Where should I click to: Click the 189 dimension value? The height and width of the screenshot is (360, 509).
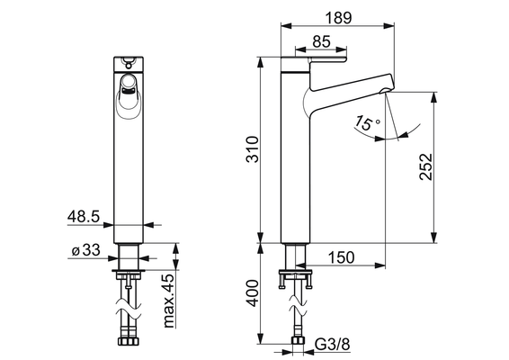[x=338, y=17]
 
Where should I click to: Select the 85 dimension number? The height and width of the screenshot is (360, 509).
[x=321, y=41]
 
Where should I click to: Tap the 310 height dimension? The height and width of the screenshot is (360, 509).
[x=253, y=149]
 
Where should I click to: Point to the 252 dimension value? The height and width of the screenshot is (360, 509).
[x=426, y=166]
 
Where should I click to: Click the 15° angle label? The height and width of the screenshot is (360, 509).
[x=367, y=122]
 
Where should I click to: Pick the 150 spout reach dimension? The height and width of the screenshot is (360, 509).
[x=342, y=257]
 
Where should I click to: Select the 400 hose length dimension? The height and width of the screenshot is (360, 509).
[x=253, y=293]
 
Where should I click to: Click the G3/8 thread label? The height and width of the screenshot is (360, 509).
[x=333, y=344]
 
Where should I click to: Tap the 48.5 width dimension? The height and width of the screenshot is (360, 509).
[x=84, y=216]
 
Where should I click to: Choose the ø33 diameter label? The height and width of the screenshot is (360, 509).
[x=85, y=250]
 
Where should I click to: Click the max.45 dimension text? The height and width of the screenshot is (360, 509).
[x=169, y=301]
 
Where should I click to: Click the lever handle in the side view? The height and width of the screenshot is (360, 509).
[x=328, y=59]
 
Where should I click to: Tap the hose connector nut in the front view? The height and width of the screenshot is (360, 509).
[x=129, y=341]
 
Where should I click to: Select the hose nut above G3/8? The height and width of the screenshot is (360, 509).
[x=299, y=341]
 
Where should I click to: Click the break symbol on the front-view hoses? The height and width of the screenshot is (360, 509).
[x=129, y=309]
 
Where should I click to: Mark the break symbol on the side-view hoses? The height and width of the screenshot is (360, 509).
[x=298, y=305]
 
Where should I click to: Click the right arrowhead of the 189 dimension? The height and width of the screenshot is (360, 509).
[x=388, y=26]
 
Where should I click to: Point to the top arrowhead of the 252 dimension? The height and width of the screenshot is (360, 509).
[x=433, y=97]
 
